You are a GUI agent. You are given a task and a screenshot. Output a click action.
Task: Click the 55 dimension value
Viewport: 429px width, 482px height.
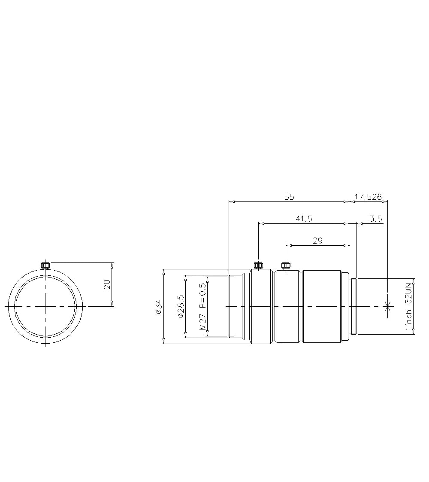[289, 197]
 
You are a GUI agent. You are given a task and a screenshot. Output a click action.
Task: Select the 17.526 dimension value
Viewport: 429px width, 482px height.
[368, 197]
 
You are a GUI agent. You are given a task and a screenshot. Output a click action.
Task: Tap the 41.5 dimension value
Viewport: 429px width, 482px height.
[304, 219]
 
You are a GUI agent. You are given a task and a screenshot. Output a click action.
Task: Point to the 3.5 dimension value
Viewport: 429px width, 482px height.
[376, 219]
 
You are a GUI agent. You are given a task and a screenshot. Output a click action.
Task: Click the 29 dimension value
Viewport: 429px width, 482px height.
[317, 241]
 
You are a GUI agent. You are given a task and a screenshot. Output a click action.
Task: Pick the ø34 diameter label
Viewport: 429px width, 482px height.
[158, 307]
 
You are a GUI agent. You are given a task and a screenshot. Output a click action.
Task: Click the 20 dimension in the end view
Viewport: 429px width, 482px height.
[107, 284]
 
